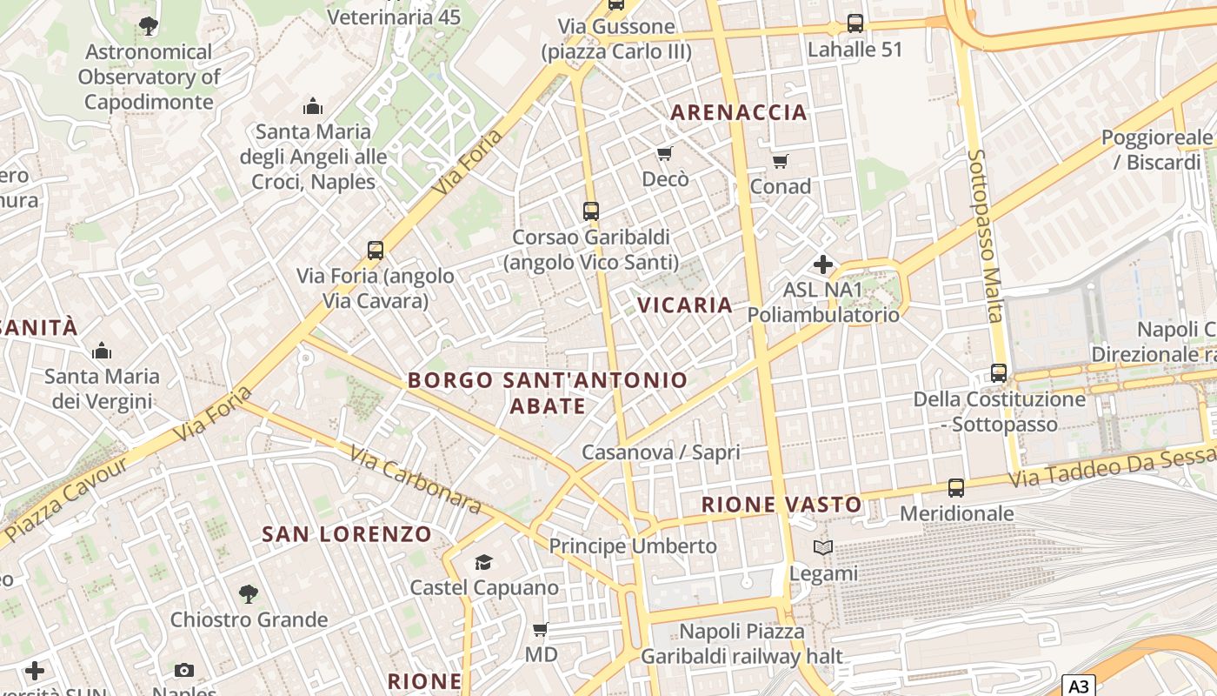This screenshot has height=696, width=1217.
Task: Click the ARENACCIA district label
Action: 739,112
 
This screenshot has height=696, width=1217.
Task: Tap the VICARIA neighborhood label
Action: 685,305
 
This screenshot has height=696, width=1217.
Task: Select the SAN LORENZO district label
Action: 347,534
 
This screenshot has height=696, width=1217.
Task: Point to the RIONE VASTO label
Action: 781,505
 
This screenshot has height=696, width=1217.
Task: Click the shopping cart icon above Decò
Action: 665,154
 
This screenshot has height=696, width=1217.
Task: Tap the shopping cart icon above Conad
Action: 780,161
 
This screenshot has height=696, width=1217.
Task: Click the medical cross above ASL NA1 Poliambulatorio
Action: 822,264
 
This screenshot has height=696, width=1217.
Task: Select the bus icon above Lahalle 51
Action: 855,23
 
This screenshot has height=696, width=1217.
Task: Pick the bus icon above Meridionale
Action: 956,488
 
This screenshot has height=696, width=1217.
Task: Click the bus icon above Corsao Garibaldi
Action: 591,211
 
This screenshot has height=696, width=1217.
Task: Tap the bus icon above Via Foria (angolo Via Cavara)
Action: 376,251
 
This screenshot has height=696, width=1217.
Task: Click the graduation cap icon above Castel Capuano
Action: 483,562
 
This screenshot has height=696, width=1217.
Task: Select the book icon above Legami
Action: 822,547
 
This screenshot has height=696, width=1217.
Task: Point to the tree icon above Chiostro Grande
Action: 249,594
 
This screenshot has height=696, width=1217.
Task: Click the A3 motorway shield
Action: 1078,686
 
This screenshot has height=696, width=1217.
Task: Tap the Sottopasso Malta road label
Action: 986,235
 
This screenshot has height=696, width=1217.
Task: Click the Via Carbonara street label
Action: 416,479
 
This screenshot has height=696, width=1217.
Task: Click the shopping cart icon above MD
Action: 540,629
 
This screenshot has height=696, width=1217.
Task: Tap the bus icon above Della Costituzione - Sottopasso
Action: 999,373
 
